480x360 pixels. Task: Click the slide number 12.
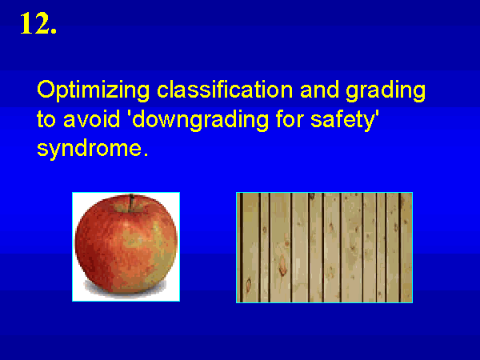tap(38, 23)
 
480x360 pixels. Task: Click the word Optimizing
tap(94, 90)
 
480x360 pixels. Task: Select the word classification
tap(225, 90)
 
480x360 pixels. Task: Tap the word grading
tap(386, 90)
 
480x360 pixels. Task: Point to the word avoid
tap(91, 118)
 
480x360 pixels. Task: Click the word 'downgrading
tap(199, 120)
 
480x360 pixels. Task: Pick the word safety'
tap(345, 120)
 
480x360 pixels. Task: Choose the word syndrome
tap(90, 149)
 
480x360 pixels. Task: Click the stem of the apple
tap(132, 202)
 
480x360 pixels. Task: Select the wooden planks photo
tap(324, 247)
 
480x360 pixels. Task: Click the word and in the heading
tap(319, 90)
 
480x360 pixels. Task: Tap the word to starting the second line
tap(46, 119)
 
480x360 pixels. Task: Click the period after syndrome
tap(146, 155)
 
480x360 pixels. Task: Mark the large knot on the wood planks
tap(282, 266)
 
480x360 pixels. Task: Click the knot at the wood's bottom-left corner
tap(248, 285)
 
